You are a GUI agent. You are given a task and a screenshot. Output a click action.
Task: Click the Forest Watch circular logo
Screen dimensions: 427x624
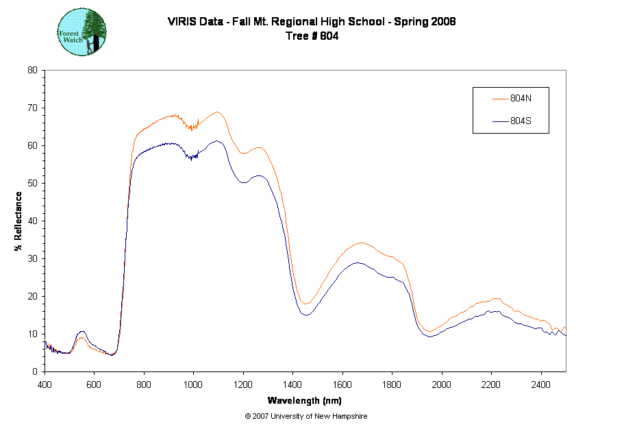point(82,32)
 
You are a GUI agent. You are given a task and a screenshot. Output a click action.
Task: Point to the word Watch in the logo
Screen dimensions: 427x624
point(73,40)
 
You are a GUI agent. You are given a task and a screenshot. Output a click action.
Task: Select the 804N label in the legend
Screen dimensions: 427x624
point(521,98)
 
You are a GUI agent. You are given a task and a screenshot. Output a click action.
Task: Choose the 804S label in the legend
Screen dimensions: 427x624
point(521,121)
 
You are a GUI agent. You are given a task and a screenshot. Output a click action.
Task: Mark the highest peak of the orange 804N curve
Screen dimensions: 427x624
point(218,112)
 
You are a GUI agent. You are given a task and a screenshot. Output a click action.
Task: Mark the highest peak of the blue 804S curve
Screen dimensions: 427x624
point(217,141)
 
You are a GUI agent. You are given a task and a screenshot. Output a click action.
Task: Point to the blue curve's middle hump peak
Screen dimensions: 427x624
point(359,263)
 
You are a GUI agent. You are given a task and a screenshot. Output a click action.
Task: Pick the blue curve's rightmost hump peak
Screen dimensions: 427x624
point(494,310)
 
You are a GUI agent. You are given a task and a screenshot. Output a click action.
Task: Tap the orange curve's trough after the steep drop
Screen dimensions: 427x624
point(306,303)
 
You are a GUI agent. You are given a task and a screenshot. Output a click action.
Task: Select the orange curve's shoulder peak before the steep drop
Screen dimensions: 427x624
point(258,147)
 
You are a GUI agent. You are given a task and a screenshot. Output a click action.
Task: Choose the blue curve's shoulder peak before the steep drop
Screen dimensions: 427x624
point(259,175)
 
